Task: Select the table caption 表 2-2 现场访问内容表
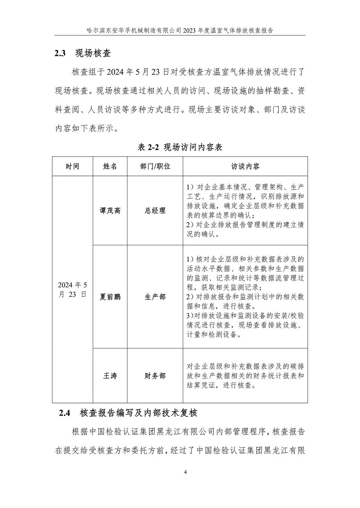[x=180, y=147]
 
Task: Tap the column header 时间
[x=72, y=166]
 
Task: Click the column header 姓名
[x=110, y=166]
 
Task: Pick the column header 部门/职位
[x=155, y=166]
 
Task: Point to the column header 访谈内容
[x=245, y=166]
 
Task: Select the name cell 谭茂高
[x=110, y=210]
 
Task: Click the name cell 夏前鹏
[x=110, y=297]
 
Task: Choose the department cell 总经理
[x=155, y=210]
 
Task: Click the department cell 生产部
[x=155, y=297]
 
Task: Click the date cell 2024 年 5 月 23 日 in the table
[x=72, y=290]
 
